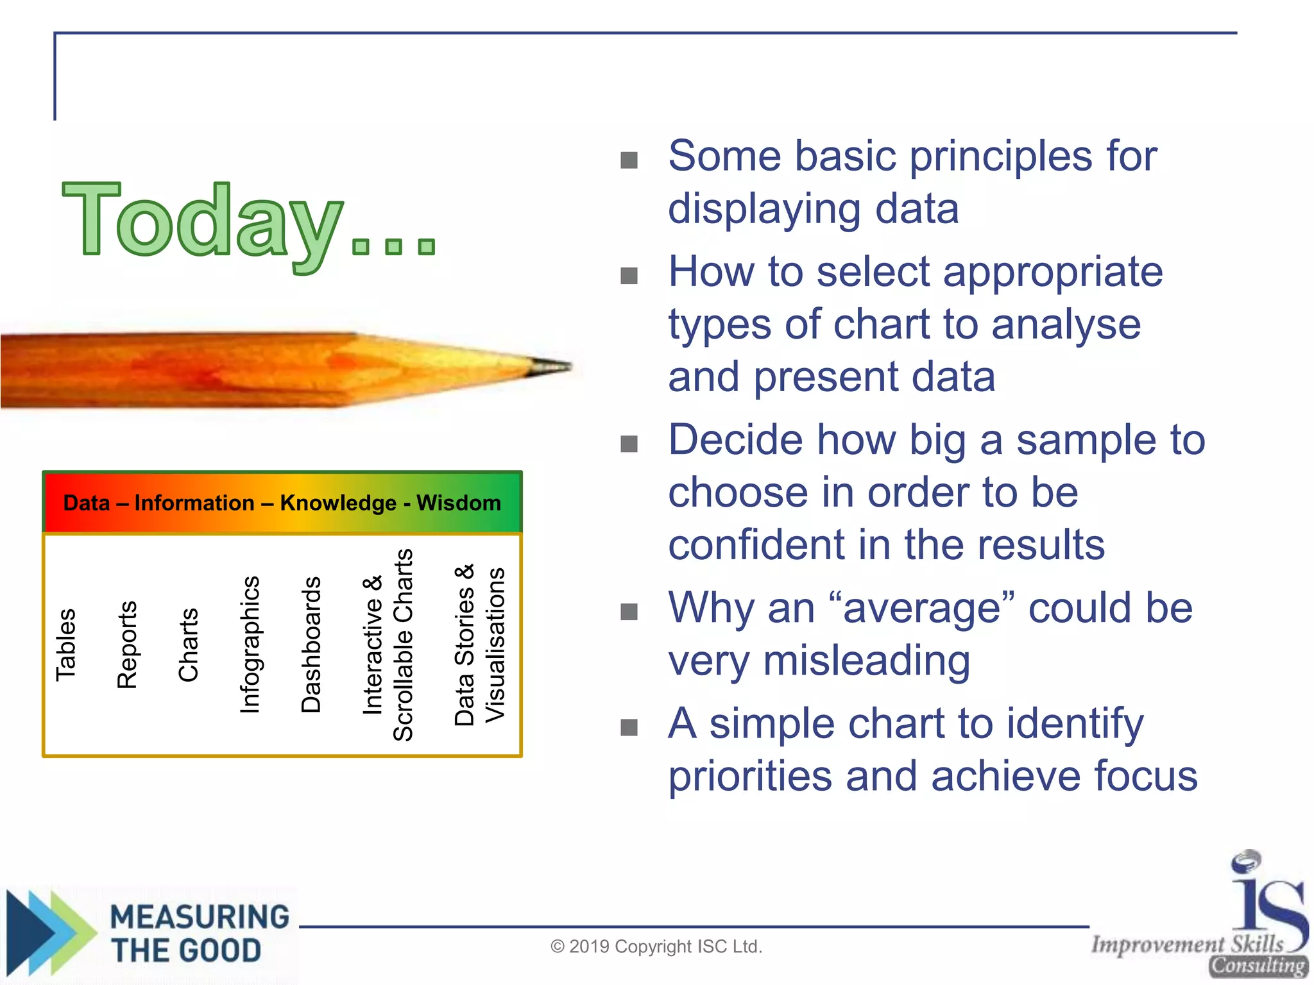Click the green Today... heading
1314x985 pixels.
click(249, 221)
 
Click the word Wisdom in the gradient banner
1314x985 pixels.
click(459, 503)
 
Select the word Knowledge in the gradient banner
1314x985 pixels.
click(338, 503)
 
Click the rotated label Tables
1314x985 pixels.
click(66, 644)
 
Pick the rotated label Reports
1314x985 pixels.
click(127, 644)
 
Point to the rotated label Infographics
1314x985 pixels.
click(250, 644)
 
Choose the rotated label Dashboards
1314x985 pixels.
click(311, 644)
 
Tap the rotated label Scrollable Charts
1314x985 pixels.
click(403, 644)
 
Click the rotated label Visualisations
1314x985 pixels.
click(495, 644)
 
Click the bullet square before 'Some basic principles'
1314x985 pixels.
click(629, 160)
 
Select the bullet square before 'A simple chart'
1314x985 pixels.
click(629, 727)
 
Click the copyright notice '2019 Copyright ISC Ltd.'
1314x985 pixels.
click(656, 947)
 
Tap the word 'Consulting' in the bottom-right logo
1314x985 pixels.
click(1258, 966)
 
